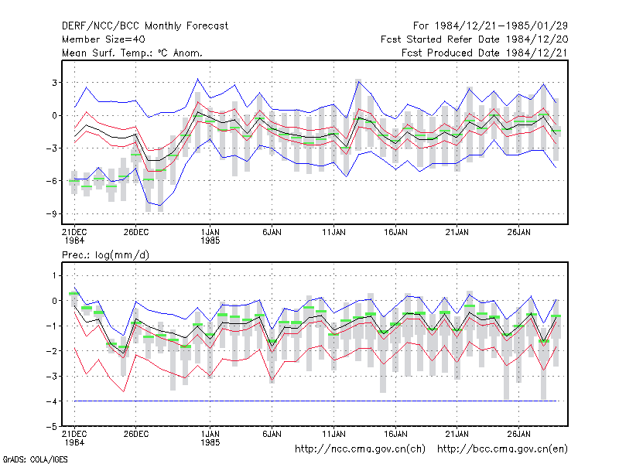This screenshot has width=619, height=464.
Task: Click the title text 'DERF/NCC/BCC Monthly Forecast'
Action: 145,26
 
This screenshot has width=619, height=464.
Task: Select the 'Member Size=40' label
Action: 104,39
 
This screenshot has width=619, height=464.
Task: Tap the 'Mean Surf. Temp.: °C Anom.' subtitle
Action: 132,53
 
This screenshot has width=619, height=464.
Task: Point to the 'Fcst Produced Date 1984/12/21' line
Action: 484,53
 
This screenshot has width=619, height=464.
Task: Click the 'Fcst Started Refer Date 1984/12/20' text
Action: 474,39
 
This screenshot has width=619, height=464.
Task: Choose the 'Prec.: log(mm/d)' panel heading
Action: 105,255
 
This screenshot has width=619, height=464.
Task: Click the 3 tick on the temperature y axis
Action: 54,83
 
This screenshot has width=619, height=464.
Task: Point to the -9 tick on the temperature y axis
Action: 51,214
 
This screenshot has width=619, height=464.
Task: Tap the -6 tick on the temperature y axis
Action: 51,181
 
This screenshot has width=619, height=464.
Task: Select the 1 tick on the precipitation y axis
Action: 54,275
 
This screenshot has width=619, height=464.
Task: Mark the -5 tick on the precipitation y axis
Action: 51,427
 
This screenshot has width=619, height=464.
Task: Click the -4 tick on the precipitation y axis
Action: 51,401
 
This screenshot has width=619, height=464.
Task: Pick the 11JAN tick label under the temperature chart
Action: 333,232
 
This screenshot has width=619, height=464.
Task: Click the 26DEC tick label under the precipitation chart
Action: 136,434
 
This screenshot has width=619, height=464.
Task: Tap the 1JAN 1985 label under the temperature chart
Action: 210,236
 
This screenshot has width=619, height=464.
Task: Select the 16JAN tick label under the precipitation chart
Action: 395,434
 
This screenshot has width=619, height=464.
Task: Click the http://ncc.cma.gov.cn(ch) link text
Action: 360,449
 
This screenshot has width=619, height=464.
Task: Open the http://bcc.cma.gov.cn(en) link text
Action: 502,449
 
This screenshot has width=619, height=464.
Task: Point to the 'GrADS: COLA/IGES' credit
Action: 35,459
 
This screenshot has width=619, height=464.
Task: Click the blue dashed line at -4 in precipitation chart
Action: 316,401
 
